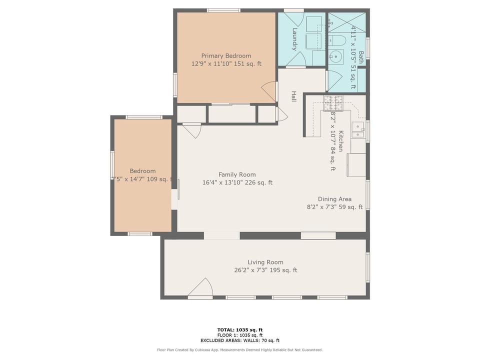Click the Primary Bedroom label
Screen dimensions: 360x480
pyautogui.click(x=226, y=55)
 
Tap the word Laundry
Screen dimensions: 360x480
pyautogui.click(x=295, y=39)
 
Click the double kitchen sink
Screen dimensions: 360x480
pyautogui.click(x=357, y=130)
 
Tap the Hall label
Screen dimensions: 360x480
pyautogui.click(x=294, y=97)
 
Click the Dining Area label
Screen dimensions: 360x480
pyautogui.click(x=334, y=199)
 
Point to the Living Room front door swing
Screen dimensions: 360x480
pyautogui.click(x=201, y=288)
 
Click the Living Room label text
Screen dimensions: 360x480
pyautogui.click(x=265, y=262)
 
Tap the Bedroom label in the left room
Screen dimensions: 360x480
pyautogui.click(x=142, y=170)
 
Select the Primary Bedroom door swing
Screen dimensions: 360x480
pyautogui.click(x=269, y=91)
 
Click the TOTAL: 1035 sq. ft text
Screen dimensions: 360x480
pyautogui.click(x=239, y=329)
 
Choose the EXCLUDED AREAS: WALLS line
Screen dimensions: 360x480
pyautogui.click(x=239, y=340)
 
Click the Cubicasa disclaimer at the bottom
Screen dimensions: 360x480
pyautogui.click(x=239, y=350)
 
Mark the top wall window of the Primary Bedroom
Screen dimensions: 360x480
pyautogui.click(x=223, y=10)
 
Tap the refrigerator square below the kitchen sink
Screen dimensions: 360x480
pyautogui.click(x=356, y=164)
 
